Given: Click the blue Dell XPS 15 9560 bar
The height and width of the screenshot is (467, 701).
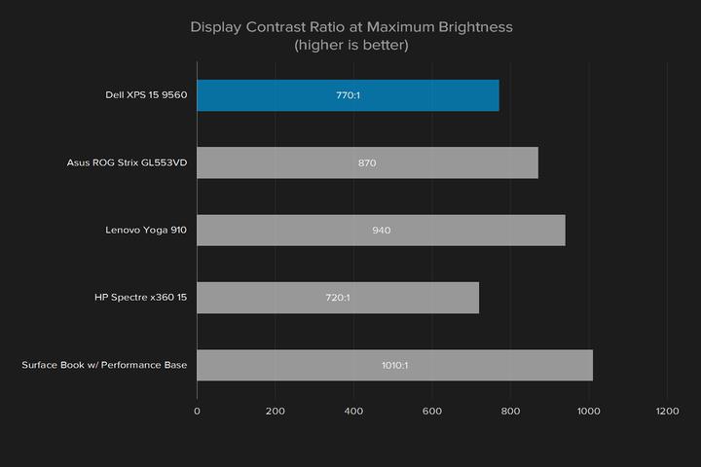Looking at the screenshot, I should pyautogui.click(x=348, y=95).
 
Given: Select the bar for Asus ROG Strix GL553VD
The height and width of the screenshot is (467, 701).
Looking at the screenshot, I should pyautogui.click(x=367, y=162).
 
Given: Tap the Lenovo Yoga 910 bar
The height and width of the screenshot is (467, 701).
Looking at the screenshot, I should pyautogui.click(x=381, y=231).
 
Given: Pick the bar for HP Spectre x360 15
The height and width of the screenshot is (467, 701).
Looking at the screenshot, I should pyautogui.click(x=338, y=298).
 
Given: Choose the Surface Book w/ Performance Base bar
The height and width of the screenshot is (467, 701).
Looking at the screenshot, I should pyautogui.click(x=394, y=365).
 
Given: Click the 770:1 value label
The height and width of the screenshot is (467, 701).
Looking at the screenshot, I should pyautogui.click(x=348, y=95).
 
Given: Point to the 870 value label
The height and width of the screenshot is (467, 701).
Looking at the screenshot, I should pyautogui.click(x=367, y=162).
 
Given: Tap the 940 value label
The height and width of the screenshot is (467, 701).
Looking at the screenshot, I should pyautogui.click(x=381, y=231).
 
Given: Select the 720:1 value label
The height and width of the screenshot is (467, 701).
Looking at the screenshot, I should pyautogui.click(x=338, y=298).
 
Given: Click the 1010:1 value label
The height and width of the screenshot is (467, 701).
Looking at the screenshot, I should pyautogui.click(x=394, y=365).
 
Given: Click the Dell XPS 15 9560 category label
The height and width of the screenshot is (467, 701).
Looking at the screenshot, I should pyautogui.click(x=146, y=95).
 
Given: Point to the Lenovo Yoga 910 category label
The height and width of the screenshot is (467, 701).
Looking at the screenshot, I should pyautogui.click(x=146, y=231).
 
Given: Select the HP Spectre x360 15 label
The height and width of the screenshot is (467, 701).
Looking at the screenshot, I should pyautogui.click(x=140, y=298).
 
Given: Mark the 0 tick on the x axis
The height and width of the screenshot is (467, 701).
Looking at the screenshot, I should pyautogui.click(x=198, y=412).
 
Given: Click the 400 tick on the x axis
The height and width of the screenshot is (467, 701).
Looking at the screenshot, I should pyautogui.click(x=353, y=412).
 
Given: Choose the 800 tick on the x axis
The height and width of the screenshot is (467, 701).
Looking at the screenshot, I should pyautogui.click(x=510, y=412).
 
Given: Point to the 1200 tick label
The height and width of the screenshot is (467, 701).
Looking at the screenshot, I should pyautogui.click(x=666, y=412).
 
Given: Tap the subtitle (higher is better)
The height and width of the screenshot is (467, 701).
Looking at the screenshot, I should pyautogui.click(x=350, y=45).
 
